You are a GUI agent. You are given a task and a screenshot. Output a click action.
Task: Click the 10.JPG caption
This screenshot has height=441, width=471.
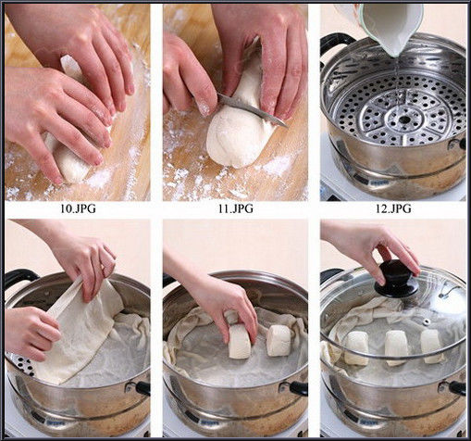point(79,208)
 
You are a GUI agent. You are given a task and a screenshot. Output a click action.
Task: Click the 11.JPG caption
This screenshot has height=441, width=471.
point(236,208)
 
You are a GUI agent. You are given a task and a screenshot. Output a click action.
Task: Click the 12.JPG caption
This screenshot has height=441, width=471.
point(393,208)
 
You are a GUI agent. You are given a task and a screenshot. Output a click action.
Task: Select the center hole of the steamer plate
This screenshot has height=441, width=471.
point(403,119)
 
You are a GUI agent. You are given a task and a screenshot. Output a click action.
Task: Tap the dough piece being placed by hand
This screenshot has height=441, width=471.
point(240,341)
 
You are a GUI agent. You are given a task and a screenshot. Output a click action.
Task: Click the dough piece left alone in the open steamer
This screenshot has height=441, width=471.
point(279,340)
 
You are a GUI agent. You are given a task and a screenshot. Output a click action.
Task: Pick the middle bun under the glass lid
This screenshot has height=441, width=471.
point(396,347)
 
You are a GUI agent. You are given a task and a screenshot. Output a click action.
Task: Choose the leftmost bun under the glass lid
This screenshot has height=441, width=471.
point(356,348)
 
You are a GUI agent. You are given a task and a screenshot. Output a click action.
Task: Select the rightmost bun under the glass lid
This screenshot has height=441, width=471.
point(433,346)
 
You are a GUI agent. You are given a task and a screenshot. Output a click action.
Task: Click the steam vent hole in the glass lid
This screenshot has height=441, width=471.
point(427,322)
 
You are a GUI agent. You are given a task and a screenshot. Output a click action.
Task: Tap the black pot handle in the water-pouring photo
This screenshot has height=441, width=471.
point(336,42)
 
